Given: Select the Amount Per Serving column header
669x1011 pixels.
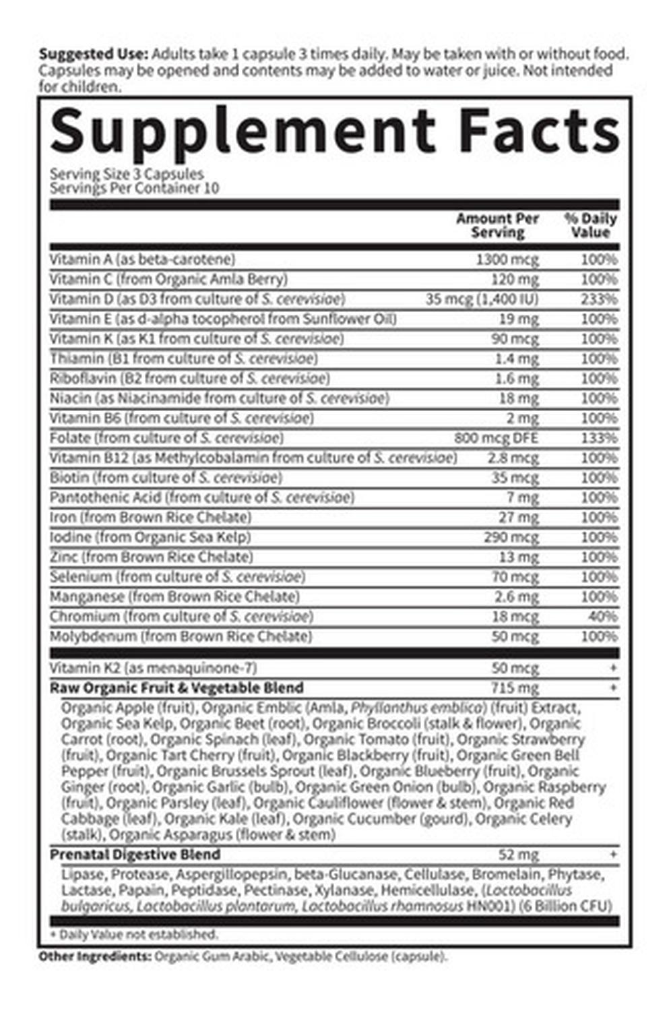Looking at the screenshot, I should tap(498, 225).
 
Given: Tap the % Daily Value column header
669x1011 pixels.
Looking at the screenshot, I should tap(590, 225).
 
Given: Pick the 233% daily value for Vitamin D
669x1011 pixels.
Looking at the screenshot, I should tap(599, 299).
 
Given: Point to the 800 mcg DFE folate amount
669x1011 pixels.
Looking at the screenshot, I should tap(496, 438).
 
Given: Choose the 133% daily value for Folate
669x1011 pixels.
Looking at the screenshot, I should tap(599, 438).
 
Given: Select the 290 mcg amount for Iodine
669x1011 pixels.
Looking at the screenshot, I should tap(511, 537).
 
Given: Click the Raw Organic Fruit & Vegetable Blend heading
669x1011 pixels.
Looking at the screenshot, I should tap(177, 688).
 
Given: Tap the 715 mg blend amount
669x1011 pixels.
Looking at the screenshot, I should tap(515, 688).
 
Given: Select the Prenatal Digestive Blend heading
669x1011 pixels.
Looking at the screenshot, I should tap(135, 855).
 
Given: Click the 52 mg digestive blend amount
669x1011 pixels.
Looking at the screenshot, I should tap(519, 855).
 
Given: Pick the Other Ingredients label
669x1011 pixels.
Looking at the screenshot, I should tap(94, 956).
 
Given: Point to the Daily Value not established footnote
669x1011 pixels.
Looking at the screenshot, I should tap(135, 935).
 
